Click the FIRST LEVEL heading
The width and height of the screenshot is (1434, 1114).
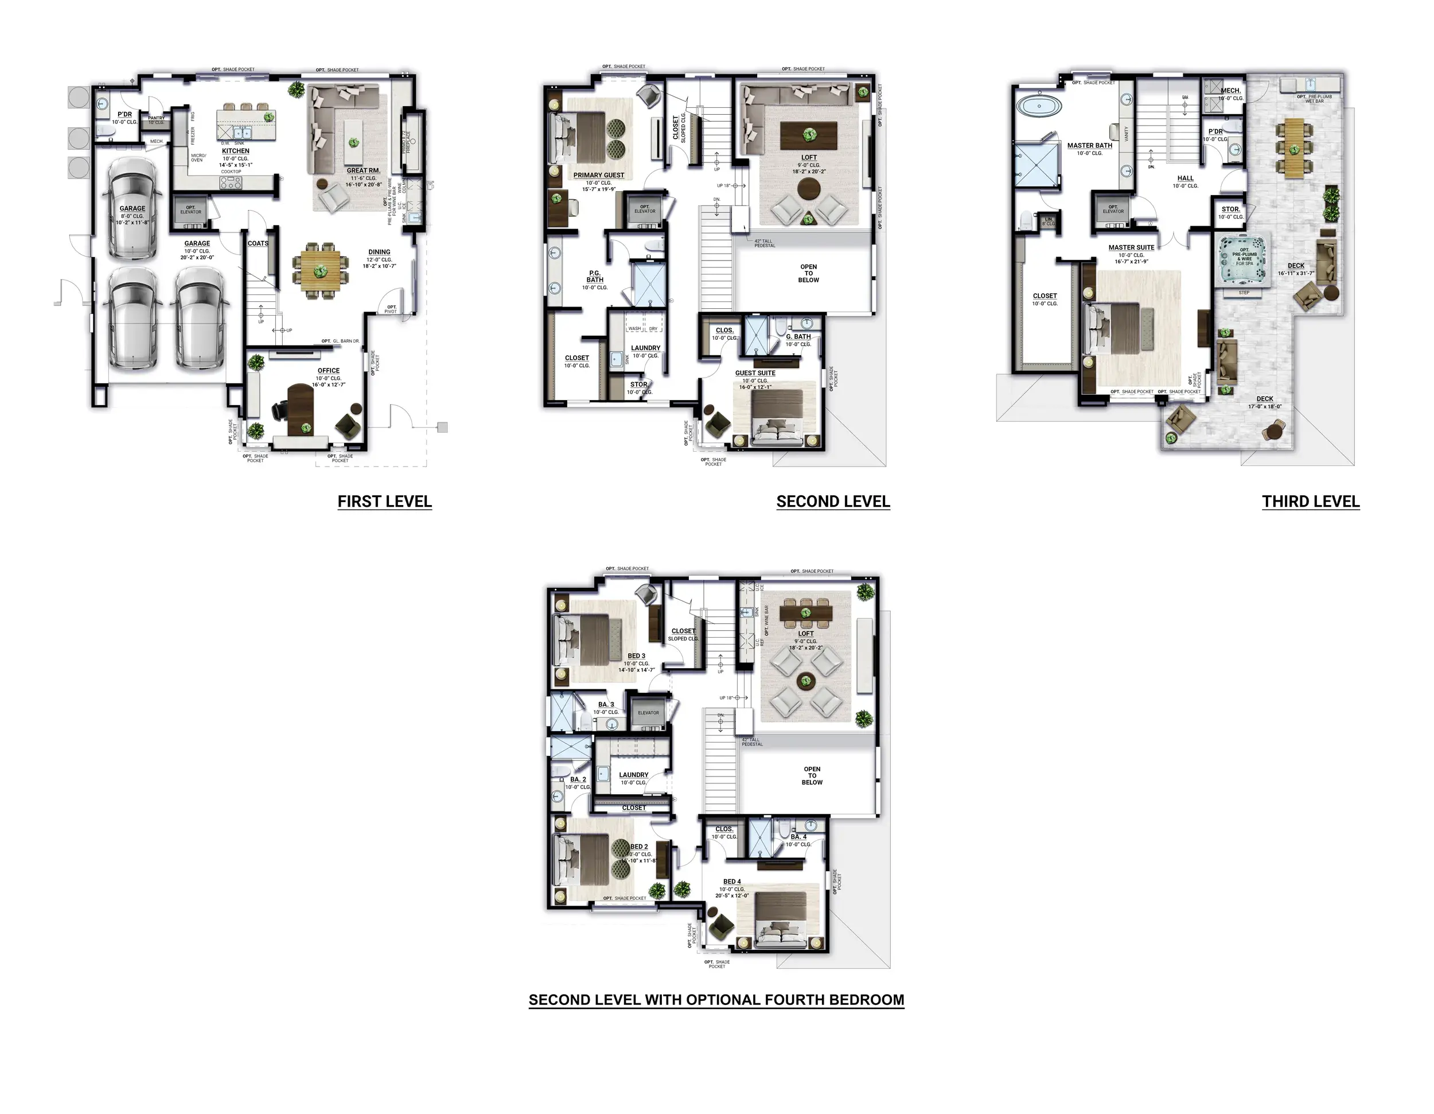[384, 502]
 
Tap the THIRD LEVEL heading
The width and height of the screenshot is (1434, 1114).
[1310, 502]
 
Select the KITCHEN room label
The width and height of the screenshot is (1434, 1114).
[236, 151]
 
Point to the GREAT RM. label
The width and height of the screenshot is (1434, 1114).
[363, 171]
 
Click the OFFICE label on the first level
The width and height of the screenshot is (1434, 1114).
[328, 370]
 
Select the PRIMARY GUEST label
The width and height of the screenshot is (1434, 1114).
[598, 176]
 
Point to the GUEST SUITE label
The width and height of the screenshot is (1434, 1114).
[755, 373]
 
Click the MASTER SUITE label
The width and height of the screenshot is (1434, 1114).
[1131, 247]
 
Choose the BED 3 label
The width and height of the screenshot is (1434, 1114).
[636, 656]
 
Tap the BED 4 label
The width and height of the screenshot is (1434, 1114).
[732, 882]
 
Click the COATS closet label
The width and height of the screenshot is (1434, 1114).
[258, 244]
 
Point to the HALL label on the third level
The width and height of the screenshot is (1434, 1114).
[1185, 178]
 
